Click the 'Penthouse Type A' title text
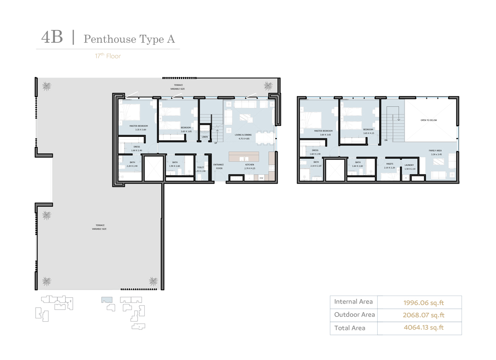pyautogui.click(x=129, y=39)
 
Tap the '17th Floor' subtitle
pyautogui.click(x=108, y=56)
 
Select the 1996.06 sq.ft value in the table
pyautogui.click(x=424, y=302)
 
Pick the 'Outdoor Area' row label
pyautogui.click(x=354, y=315)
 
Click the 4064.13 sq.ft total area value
pyautogui.click(x=424, y=328)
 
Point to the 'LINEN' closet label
pyautogui.click(x=205, y=137)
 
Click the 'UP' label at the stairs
pyautogui.click(x=216, y=143)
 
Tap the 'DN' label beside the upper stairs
pyautogui.click(x=386, y=140)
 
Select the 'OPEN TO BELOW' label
pyautogui.click(x=428, y=120)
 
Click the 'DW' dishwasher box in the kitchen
pyautogui.click(x=261, y=178)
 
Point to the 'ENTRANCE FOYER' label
pyautogui.click(x=218, y=166)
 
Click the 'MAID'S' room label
pyautogui.click(x=390, y=164)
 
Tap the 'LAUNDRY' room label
pyautogui.click(x=409, y=165)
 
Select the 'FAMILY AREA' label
pyautogui.click(x=435, y=151)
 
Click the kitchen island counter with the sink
pyautogui.click(x=244, y=156)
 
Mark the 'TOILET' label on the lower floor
pyautogui.click(x=200, y=167)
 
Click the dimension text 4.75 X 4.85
pyautogui.click(x=244, y=139)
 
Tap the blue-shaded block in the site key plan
pyautogui.click(x=107, y=299)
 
